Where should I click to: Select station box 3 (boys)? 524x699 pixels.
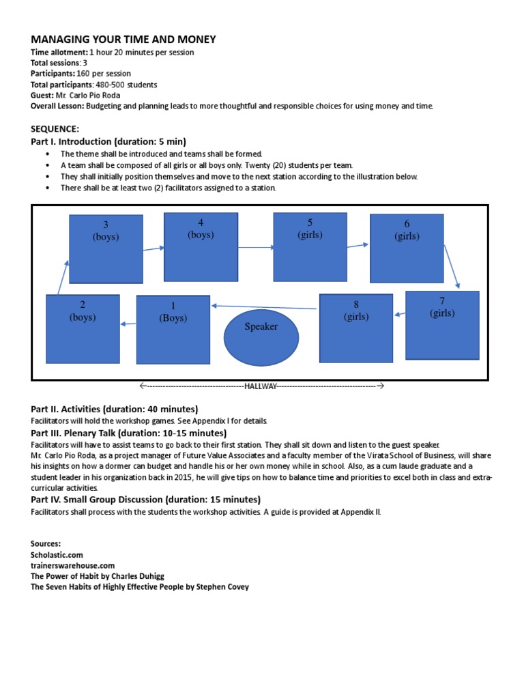(106, 249)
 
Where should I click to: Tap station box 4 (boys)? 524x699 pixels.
(201, 246)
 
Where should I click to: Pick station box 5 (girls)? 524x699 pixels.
(310, 247)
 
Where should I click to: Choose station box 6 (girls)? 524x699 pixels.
(407, 248)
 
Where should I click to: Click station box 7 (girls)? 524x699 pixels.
(442, 324)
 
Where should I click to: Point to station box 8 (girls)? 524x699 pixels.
(356, 328)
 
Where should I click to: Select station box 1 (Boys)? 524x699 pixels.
(173, 329)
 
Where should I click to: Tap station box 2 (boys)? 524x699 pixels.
(83, 328)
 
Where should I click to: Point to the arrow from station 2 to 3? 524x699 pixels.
(63, 276)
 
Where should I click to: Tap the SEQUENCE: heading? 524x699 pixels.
(55, 128)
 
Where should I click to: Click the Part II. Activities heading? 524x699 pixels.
(115, 409)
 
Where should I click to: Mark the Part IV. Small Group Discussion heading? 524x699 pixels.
(145, 499)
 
